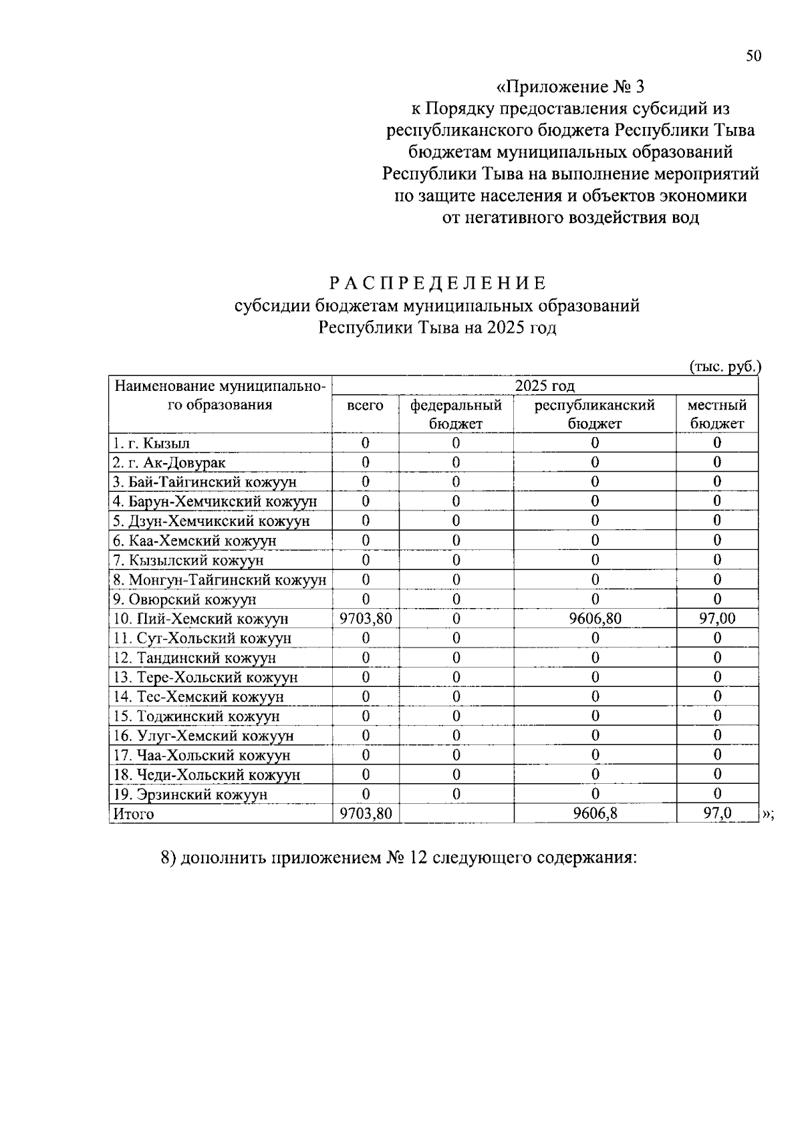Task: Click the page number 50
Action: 753,56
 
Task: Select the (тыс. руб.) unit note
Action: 724,366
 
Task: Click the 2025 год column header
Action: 545,386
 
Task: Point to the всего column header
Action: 365,406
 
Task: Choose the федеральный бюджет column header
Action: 456,414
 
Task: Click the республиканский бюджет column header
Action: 594,414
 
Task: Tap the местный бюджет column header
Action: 716,414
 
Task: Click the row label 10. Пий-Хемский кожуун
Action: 200,619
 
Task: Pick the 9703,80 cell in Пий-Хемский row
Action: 365,619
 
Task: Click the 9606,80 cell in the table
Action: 594,619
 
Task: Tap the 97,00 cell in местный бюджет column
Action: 716,619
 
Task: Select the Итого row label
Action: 134,814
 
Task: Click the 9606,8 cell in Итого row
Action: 594,814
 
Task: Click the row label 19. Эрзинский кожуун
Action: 190,795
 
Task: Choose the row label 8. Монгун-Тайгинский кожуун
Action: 220,580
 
